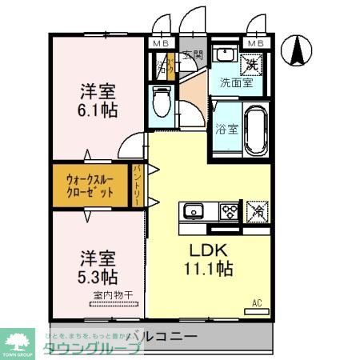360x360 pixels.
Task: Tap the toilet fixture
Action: click(159, 102)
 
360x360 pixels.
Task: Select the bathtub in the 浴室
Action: click(254, 130)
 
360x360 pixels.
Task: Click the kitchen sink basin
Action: click(194, 212)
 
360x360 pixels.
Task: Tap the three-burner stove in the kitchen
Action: click(230, 211)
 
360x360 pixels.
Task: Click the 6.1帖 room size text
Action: click(98, 110)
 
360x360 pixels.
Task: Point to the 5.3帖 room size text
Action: click(98, 278)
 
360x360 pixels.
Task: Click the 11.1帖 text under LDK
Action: click(210, 269)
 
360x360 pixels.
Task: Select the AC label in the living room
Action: click(258, 302)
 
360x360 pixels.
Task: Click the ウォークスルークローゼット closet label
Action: click(90, 186)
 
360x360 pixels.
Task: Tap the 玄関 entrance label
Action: click(192, 55)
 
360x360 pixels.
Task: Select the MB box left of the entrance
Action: click(161, 42)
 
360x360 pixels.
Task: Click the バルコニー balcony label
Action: click(160, 334)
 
